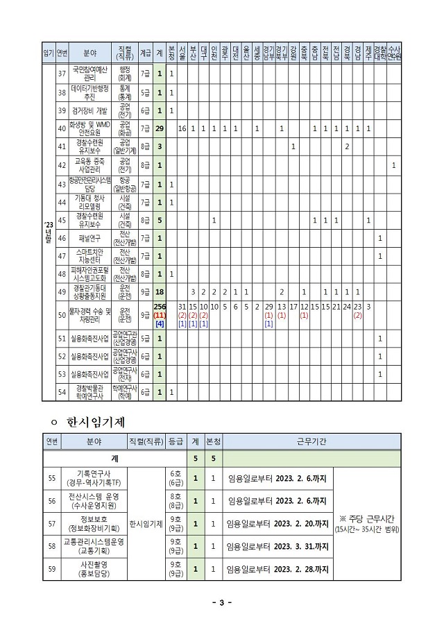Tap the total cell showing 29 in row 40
click(160, 128)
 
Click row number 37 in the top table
click(61, 74)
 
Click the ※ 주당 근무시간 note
click(367, 524)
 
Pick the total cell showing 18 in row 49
click(160, 293)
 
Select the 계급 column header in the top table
click(145, 52)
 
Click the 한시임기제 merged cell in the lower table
click(146, 523)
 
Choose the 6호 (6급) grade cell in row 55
click(176, 478)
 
